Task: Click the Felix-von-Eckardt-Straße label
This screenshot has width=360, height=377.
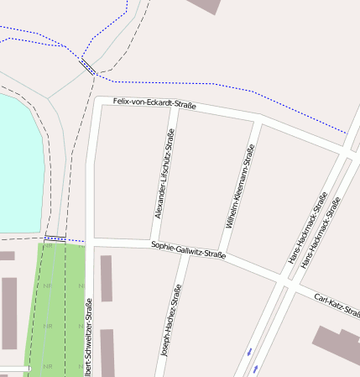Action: pyautogui.click(x=154, y=103)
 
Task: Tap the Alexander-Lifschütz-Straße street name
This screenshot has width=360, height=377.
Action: pyautogui.click(x=164, y=174)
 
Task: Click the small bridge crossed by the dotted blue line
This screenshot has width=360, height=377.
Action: pyautogui.click(x=86, y=67)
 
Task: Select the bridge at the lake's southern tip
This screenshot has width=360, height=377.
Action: pyautogui.click(x=55, y=239)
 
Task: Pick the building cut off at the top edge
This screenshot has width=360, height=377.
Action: pyautogui.click(x=206, y=6)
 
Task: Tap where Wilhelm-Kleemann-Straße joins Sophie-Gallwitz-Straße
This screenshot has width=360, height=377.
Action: pyautogui.click(x=220, y=255)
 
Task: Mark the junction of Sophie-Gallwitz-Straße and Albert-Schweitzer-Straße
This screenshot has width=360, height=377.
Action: pyautogui.click(x=90, y=242)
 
